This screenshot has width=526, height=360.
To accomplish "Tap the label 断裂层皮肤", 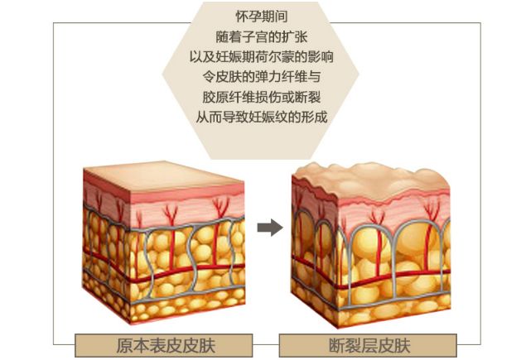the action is tap(369, 345).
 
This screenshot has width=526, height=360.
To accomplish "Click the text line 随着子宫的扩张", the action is tap(263, 37).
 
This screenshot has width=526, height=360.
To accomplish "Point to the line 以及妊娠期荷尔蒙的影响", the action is tap(263, 57).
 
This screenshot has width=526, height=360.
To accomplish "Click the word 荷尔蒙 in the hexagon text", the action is tap(273, 57).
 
